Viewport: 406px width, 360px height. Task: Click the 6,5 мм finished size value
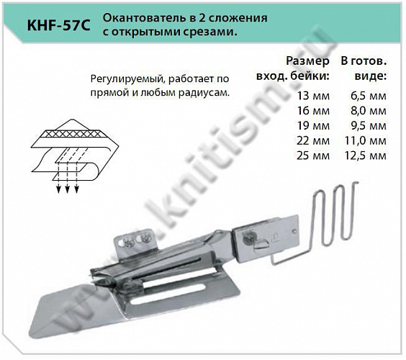pos(369,94)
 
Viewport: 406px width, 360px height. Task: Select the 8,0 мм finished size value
pos(369,109)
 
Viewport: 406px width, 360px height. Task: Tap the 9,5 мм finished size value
pos(369,125)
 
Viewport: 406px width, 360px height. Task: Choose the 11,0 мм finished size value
pos(368,140)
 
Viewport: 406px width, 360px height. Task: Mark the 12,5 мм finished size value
pos(368,156)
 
